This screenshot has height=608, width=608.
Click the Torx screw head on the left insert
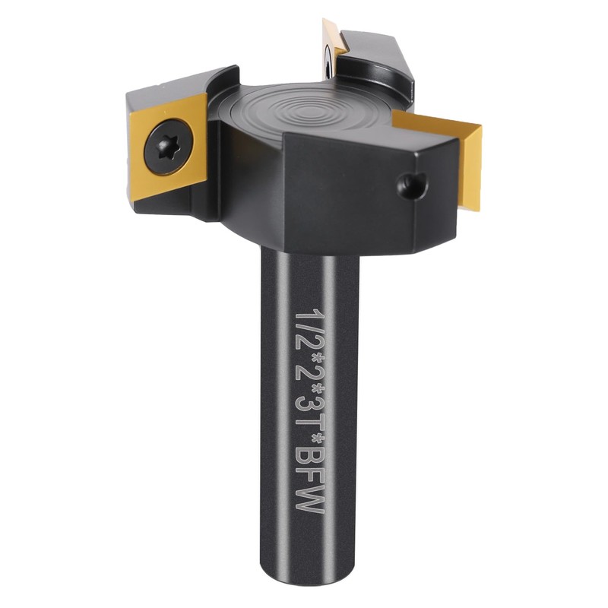(x=168, y=147)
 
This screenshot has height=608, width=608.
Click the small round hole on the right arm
(x=410, y=185)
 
